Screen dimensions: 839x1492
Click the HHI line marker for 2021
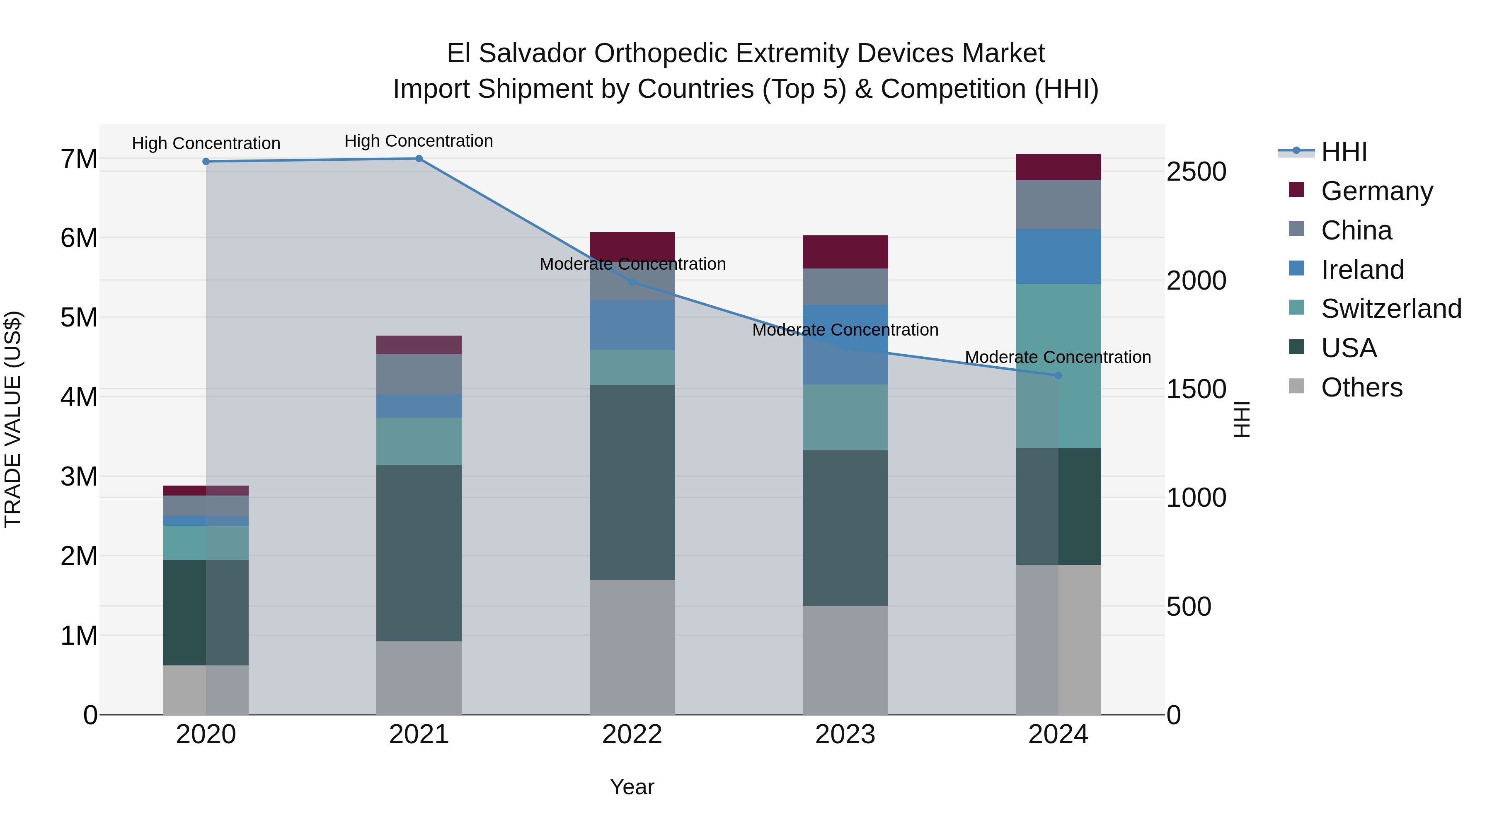[x=419, y=159]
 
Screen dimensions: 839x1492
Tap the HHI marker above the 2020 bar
[x=206, y=162]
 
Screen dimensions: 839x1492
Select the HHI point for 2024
[x=1058, y=376]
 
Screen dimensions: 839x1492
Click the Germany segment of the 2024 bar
[x=1058, y=167]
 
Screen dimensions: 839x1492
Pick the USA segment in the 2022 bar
[x=632, y=482]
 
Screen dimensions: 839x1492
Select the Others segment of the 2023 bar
[x=845, y=660]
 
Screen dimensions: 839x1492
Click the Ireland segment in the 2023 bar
[x=845, y=345]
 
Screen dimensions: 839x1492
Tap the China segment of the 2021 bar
[x=419, y=374]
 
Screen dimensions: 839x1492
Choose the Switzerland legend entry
[x=1390, y=309]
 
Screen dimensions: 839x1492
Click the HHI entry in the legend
[x=1344, y=152]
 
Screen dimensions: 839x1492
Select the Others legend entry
[x=1361, y=387]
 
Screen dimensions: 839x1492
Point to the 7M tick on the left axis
[x=79, y=159]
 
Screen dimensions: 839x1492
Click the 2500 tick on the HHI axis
[x=1196, y=172]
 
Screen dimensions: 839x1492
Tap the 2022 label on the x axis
[x=632, y=735]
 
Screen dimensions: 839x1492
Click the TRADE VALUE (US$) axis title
[x=13, y=419]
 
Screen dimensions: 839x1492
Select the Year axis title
[x=632, y=787]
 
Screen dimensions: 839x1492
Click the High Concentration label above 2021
[x=419, y=141]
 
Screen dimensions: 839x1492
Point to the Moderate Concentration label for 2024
[x=1058, y=357]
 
